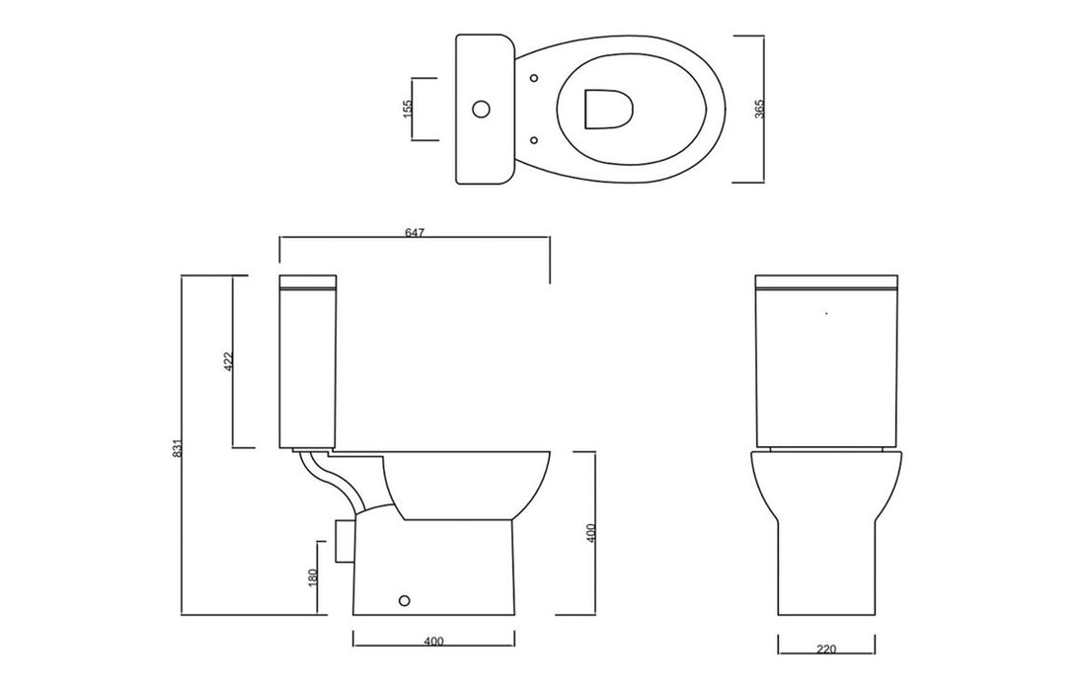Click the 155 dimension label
coord(408,109)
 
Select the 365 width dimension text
coord(758,109)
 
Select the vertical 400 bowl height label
coord(589,533)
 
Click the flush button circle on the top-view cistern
coord(483,109)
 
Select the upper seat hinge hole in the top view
coord(533,77)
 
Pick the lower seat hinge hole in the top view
coord(533,139)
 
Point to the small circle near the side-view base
coord(402,599)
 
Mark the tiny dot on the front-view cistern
coord(825,314)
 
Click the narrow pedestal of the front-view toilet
coord(826,573)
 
